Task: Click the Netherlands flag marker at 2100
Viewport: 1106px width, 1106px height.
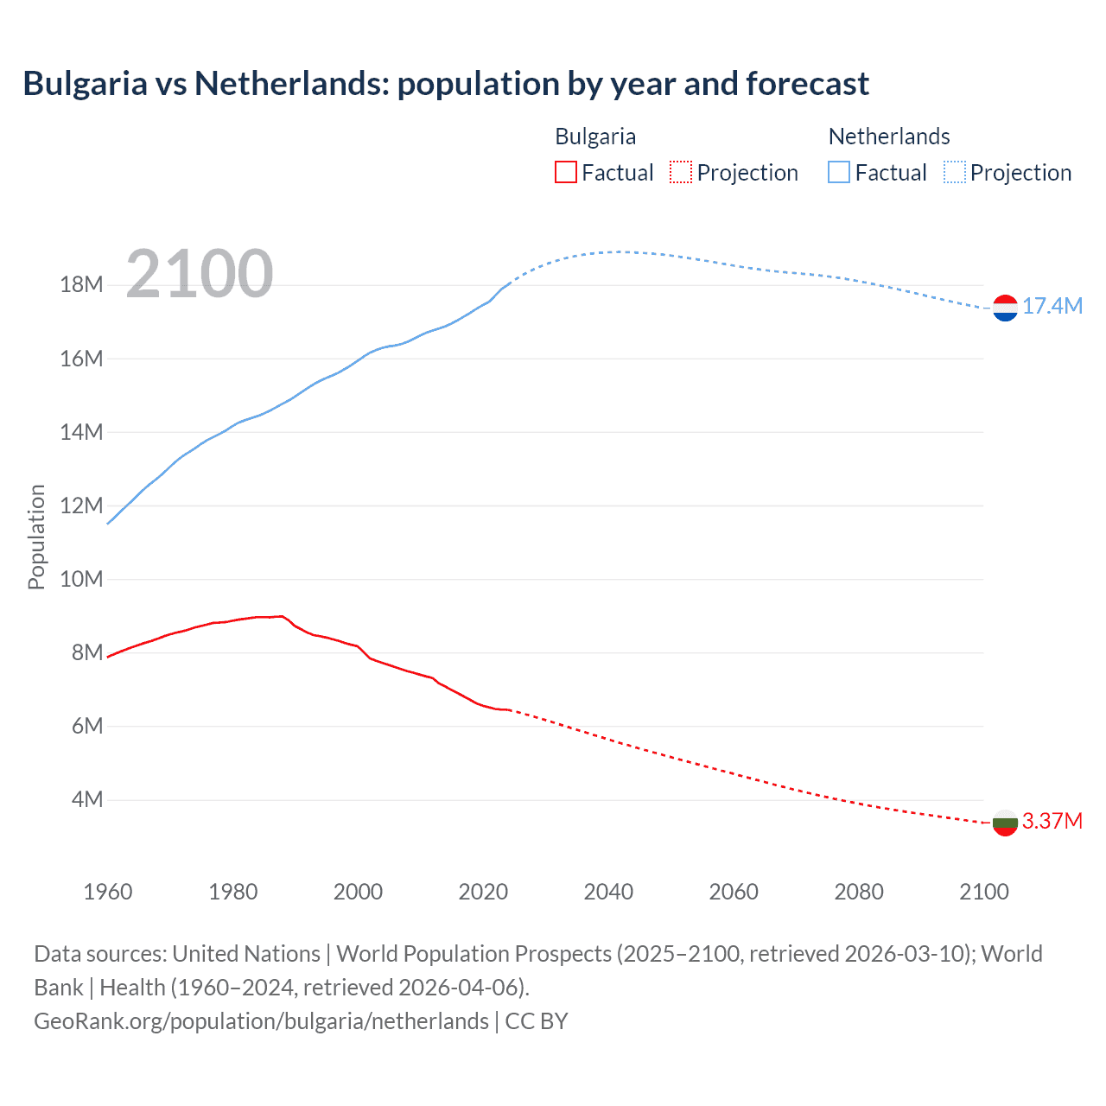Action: pyautogui.click(x=1005, y=308)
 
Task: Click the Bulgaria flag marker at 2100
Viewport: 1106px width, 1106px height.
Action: pyautogui.click(x=1005, y=823)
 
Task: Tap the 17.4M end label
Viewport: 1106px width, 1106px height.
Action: pyautogui.click(x=1052, y=306)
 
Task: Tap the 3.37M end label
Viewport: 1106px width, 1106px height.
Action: pyautogui.click(x=1052, y=821)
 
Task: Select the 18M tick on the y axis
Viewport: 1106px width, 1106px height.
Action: pyautogui.click(x=81, y=285)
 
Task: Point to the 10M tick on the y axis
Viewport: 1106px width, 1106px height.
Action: pyautogui.click(x=81, y=579)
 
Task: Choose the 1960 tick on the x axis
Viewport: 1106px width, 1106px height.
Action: pyautogui.click(x=108, y=892)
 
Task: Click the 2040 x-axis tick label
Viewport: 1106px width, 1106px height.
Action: pyautogui.click(x=608, y=892)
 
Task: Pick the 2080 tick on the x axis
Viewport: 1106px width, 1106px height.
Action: pyautogui.click(x=859, y=892)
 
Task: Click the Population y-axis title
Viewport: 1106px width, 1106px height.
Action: pyautogui.click(x=36, y=537)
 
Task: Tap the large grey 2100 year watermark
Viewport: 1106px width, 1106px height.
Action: pyautogui.click(x=200, y=274)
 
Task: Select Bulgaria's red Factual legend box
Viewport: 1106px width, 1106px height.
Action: pyautogui.click(x=565, y=172)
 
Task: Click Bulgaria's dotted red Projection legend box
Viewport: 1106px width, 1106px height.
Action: pyautogui.click(x=681, y=172)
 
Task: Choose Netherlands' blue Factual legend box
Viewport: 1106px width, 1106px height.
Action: pyautogui.click(x=839, y=172)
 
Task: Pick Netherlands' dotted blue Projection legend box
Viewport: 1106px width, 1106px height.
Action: pyautogui.click(x=955, y=172)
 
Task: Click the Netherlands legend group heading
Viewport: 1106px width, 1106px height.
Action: pyautogui.click(x=889, y=137)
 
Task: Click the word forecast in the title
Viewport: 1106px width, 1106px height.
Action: pyautogui.click(x=807, y=84)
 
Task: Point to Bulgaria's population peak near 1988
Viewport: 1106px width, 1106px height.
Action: pyautogui.click(x=282, y=616)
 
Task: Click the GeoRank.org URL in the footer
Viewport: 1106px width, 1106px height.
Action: pyautogui.click(x=261, y=1021)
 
